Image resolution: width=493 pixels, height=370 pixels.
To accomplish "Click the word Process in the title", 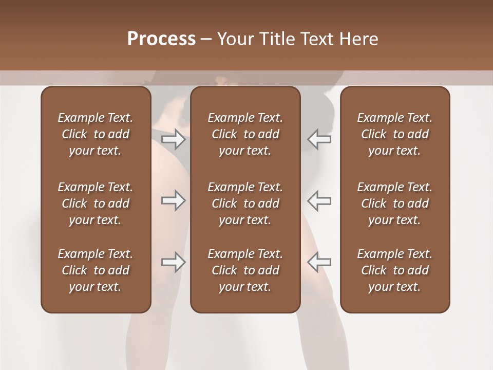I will tap(161, 39).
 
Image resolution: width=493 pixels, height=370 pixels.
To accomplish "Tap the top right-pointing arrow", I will tap(173, 139).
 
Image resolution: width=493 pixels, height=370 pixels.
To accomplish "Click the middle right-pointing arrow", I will tap(173, 200).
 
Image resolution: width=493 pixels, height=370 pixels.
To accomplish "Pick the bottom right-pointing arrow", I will tap(173, 262).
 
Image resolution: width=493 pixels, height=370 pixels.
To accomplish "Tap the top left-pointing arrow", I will tap(319, 139).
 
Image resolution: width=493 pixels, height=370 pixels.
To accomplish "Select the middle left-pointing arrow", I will tap(319, 200).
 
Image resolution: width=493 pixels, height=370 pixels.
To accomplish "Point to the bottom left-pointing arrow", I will tap(319, 262).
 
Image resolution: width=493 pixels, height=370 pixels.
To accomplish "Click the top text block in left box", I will tap(96, 134).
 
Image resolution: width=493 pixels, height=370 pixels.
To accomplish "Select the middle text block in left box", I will tap(96, 203).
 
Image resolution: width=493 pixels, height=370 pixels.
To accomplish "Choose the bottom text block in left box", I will tap(96, 270).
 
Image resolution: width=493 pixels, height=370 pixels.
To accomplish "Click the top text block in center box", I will tap(245, 134).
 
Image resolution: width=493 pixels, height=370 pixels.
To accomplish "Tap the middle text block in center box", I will tap(245, 203).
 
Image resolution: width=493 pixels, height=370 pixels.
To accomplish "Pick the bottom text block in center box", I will tap(245, 270).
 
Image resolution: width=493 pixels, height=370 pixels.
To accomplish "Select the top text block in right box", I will tap(395, 134).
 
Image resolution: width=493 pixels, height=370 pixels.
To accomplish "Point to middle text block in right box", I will tap(395, 203).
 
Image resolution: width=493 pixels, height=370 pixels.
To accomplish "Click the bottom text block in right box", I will tap(395, 270).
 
